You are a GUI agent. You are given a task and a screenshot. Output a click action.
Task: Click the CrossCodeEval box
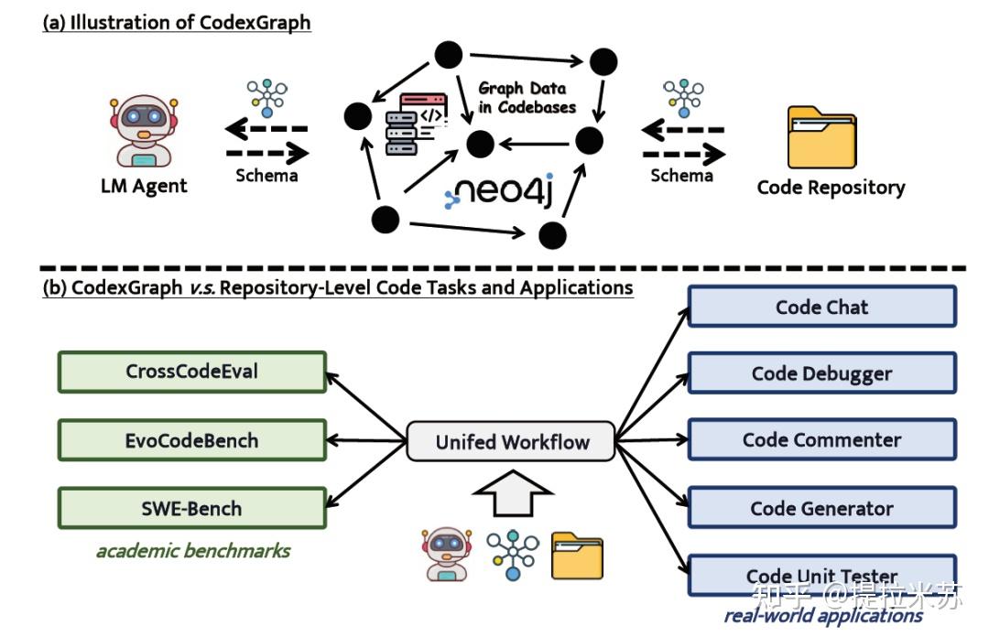pyautogui.click(x=191, y=372)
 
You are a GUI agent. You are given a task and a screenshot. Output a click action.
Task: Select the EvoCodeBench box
pyautogui.click(x=191, y=440)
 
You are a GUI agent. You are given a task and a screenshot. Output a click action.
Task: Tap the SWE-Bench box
pyautogui.click(x=191, y=508)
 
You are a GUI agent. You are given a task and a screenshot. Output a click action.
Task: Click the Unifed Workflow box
pyautogui.click(x=512, y=442)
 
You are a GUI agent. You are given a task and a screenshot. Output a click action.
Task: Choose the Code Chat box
pyautogui.click(x=821, y=307)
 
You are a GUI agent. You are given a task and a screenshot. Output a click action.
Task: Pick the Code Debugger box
pyautogui.click(x=821, y=373)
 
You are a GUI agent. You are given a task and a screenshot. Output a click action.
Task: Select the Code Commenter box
pyautogui.click(x=821, y=439)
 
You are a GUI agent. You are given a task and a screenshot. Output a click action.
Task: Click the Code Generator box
pyautogui.click(x=821, y=508)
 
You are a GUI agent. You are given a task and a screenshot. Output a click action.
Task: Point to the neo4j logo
pyautogui.click(x=499, y=193)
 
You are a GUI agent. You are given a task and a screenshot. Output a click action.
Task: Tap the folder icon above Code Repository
pyautogui.click(x=821, y=137)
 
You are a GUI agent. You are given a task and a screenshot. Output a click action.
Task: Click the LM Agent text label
pyautogui.click(x=144, y=187)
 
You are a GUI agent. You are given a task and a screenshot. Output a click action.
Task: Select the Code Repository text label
pyautogui.click(x=831, y=188)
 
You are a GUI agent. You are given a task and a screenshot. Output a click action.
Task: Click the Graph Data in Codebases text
pyautogui.click(x=527, y=98)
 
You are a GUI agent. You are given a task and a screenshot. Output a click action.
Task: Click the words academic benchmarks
pyautogui.click(x=193, y=551)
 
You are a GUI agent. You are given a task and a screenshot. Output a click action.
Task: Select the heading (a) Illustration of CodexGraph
pyautogui.click(x=177, y=22)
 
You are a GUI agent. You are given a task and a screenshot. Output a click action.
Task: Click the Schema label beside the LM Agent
pyautogui.click(x=266, y=176)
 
